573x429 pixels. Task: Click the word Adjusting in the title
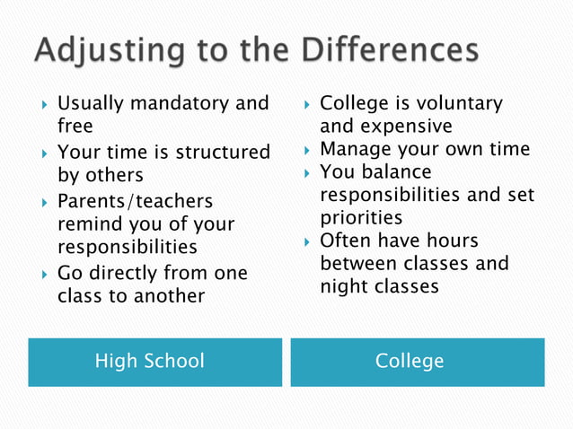click(98, 51)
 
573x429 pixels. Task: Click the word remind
click(88, 223)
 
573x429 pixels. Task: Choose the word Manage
click(355, 149)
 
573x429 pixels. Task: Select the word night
click(340, 286)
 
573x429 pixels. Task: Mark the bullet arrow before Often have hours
click(305, 241)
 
